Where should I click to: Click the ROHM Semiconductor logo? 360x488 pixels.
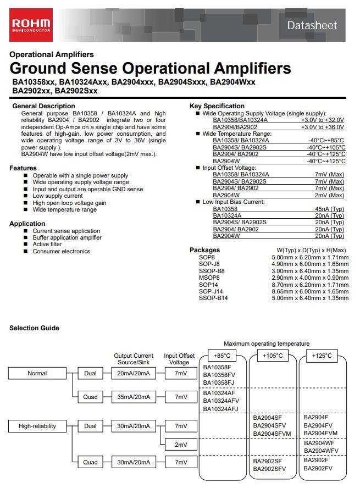point(31,25)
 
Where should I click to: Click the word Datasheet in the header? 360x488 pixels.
point(312,25)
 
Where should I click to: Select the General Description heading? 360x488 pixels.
point(43,106)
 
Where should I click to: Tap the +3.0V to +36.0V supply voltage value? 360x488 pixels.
point(322,127)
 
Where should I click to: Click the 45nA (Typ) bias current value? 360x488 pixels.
point(330,209)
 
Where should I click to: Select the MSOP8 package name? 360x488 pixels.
point(209,278)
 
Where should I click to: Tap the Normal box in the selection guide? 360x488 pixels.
point(37,374)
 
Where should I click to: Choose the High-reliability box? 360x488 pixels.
point(37,426)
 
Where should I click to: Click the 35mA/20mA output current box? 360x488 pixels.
point(133,397)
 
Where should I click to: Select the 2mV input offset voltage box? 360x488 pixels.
point(180,444)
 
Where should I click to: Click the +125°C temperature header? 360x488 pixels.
point(322,356)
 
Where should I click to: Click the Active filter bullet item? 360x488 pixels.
point(47,245)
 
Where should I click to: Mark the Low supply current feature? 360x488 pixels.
point(58,196)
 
